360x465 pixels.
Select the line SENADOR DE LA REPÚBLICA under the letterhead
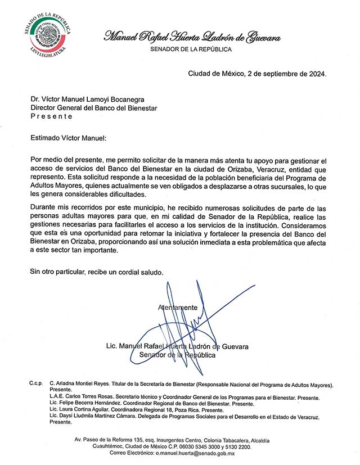click(191, 49)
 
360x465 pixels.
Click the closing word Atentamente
click(177, 308)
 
